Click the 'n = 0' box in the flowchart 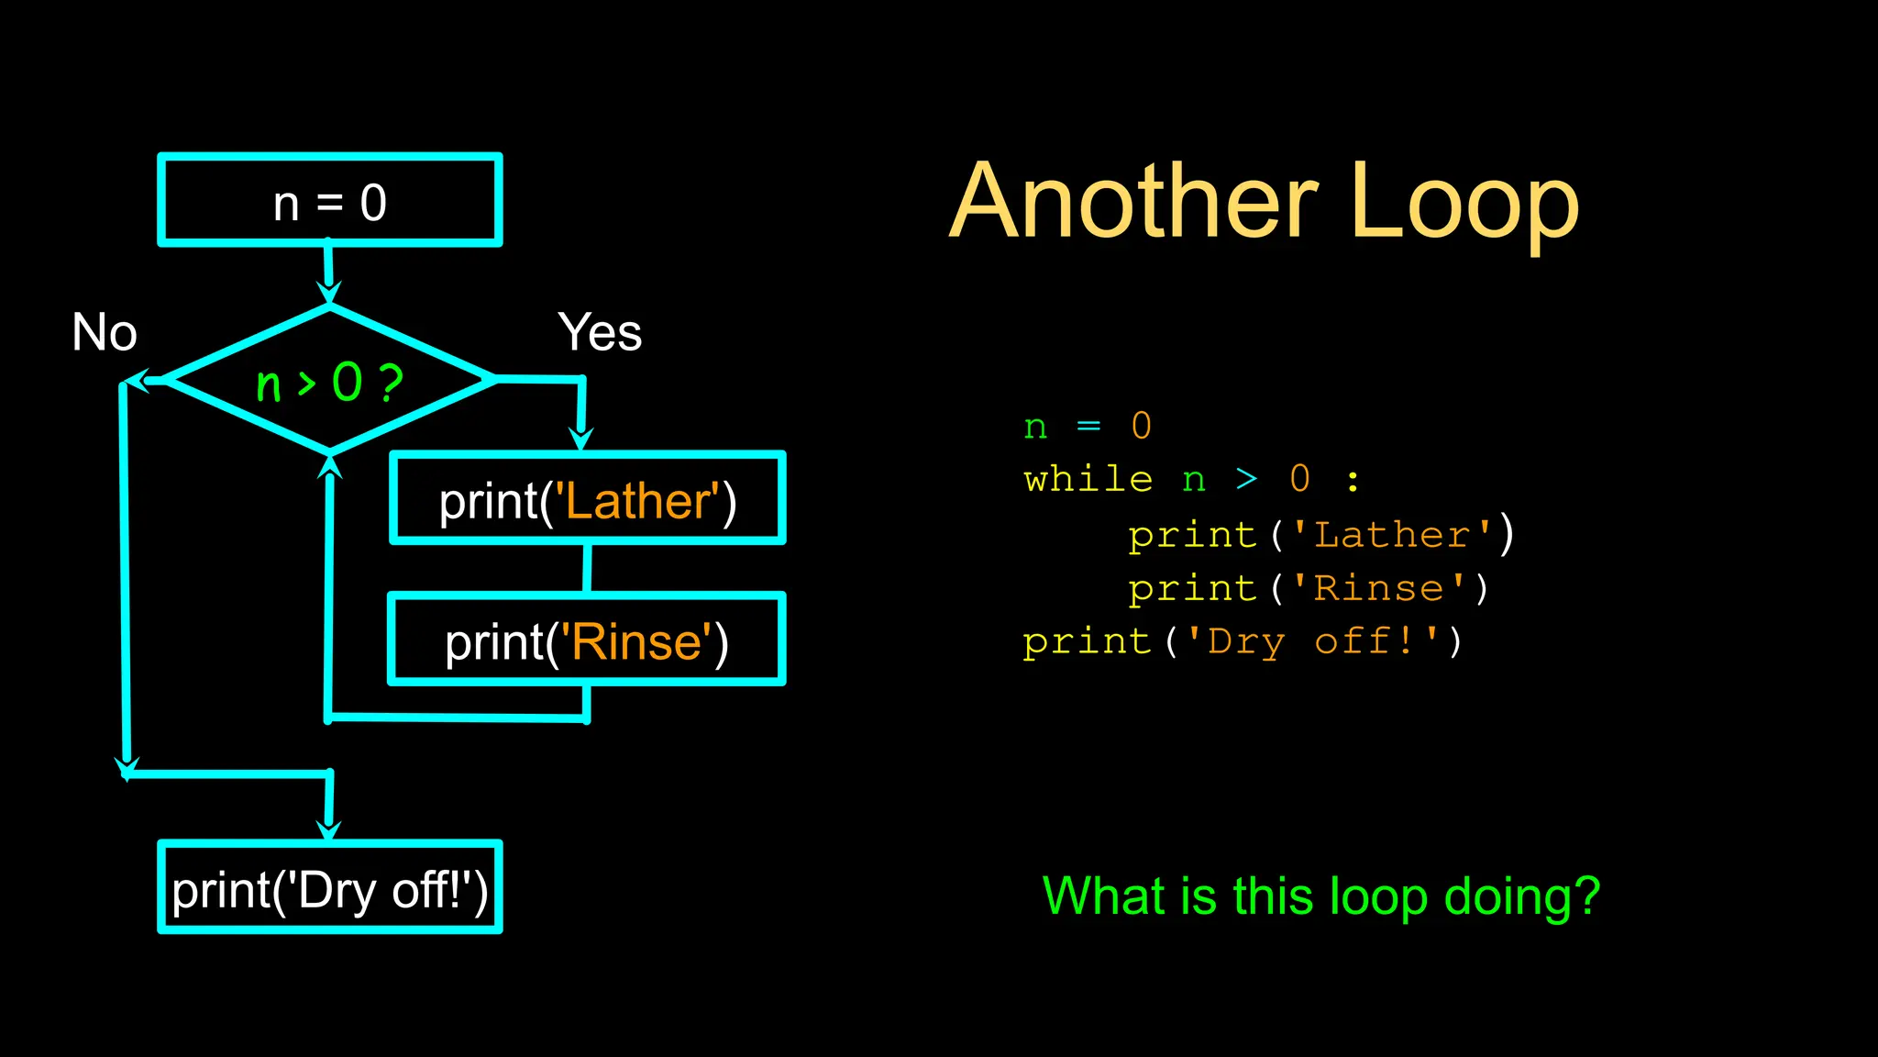point(330,200)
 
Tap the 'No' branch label point(105,332)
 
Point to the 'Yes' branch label point(600,332)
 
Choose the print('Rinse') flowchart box point(587,640)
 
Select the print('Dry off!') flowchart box point(330,887)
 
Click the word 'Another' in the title point(1133,202)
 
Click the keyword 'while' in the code point(1088,480)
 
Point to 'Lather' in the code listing point(1392,535)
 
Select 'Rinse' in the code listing point(1378,588)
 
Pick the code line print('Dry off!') point(1243,641)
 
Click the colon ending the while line point(1353,480)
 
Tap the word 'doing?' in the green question point(1521,896)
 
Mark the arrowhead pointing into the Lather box point(580,439)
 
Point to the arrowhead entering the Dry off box point(328,829)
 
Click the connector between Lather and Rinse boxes point(587,568)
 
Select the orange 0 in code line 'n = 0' point(1141,426)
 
